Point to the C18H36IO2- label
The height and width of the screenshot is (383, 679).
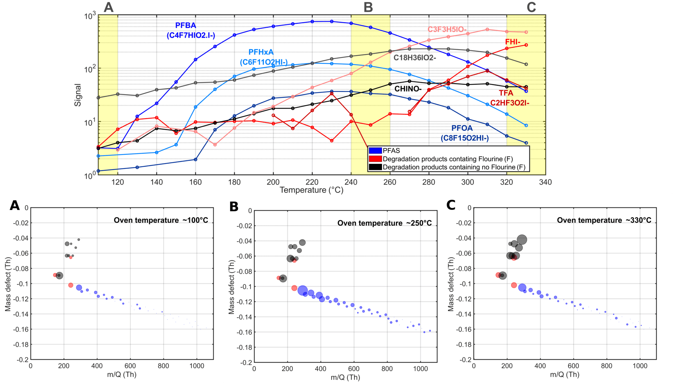[x=414, y=58]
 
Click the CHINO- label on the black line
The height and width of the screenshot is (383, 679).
[x=408, y=89]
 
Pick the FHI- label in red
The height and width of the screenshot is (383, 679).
[x=512, y=42]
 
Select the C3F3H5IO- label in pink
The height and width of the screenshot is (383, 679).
[x=447, y=29]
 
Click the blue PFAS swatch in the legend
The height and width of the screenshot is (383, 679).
[x=375, y=151]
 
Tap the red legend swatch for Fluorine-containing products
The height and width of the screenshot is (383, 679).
[x=375, y=159]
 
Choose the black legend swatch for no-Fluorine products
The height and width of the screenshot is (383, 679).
[x=375, y=167]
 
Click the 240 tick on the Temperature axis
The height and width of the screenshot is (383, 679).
[x=351, y=182]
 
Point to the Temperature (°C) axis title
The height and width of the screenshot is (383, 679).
[x=311, y=190]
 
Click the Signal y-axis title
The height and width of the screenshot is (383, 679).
[x=78, y=95]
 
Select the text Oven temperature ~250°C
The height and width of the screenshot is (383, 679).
[x=384, y=223]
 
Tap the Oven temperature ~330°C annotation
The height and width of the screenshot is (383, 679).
[x=604, y=220]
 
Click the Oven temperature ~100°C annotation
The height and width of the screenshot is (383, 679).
[x=161, y=220]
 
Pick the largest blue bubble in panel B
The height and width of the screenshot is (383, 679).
[x=302, y=291]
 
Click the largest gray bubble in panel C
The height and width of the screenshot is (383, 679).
[x=522, y=240]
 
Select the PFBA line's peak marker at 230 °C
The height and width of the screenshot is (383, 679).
[x=331, y=22]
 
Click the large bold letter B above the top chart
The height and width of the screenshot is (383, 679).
[x=368, y=7]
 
